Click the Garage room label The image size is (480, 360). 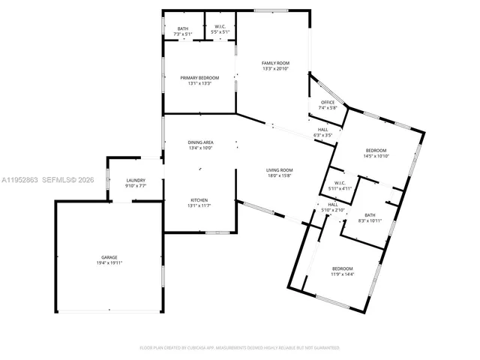[109, 258]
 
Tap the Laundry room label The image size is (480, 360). [136, 180]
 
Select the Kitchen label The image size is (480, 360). [199, 199]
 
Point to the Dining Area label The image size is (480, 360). [200, 142]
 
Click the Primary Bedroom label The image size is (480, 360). [199, 78]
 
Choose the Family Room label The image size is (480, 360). [275, 63]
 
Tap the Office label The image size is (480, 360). [328, 103]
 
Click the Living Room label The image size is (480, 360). [279, 171]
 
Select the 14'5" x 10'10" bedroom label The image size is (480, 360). [376, 150]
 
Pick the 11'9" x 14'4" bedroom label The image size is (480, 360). [343, 268]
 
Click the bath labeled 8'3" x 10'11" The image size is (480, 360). [370, 215]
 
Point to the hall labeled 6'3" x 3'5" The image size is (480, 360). [322, 130]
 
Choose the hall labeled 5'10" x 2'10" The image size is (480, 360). [333, 205]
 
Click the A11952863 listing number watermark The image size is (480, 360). [21, 181]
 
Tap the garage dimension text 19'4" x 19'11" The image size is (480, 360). [109, 263]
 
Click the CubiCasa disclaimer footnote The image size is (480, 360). [240, 348]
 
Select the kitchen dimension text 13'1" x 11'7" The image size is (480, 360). [199, 205]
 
